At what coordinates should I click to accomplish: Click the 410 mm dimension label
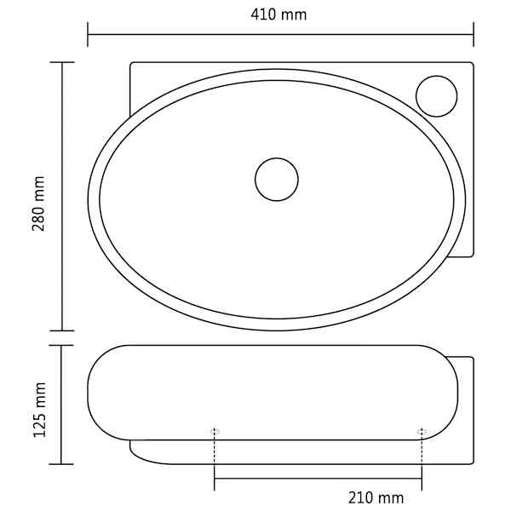click(x=278, y=15)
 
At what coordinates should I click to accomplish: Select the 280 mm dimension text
click(x=39, y=204)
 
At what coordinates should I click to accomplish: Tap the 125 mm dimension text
click(x=40, y=410)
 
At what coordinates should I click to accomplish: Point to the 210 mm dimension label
click(x=376, y=497)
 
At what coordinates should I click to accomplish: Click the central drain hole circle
click(x=277, y=179)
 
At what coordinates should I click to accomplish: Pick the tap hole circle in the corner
click(x=437, y=96)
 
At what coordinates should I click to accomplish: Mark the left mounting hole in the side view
click(x=215, y=432)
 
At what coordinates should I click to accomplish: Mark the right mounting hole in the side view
click(x=422, y=432)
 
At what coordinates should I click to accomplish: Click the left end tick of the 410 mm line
click(x=88, y=34)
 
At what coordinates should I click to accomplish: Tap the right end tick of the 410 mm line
click(x=474, y=34)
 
